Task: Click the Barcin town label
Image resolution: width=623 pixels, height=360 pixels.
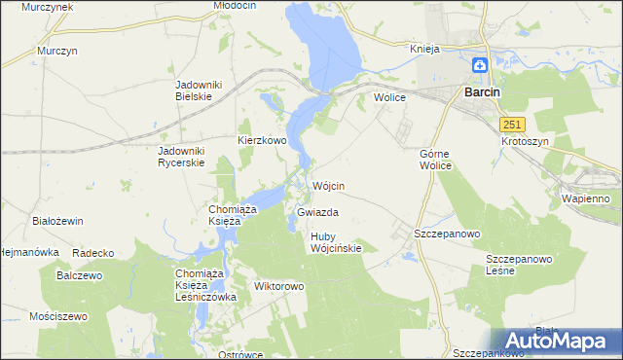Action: (482, 91)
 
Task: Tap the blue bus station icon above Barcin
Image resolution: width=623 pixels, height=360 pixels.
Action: (480, 66)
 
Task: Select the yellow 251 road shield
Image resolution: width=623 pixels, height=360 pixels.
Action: (513, 125)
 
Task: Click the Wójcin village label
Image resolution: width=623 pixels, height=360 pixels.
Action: (328, 186)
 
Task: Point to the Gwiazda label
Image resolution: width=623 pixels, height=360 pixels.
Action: (316, 211)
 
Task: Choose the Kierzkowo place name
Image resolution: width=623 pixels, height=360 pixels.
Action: (262, 140)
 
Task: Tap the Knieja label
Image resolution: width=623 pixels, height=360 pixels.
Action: (425, 49)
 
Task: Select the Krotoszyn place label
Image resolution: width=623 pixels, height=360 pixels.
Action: (526, 141)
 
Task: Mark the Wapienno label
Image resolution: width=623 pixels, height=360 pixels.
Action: (585, 198)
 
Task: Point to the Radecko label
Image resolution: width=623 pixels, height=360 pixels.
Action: (93, 253)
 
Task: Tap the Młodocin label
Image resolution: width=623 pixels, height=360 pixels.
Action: (234, 6)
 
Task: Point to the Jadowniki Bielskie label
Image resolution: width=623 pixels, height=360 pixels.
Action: (199, 91)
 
